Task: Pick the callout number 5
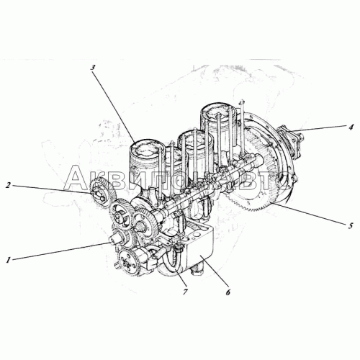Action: (351, 225)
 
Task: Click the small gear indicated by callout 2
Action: (103, 194)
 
